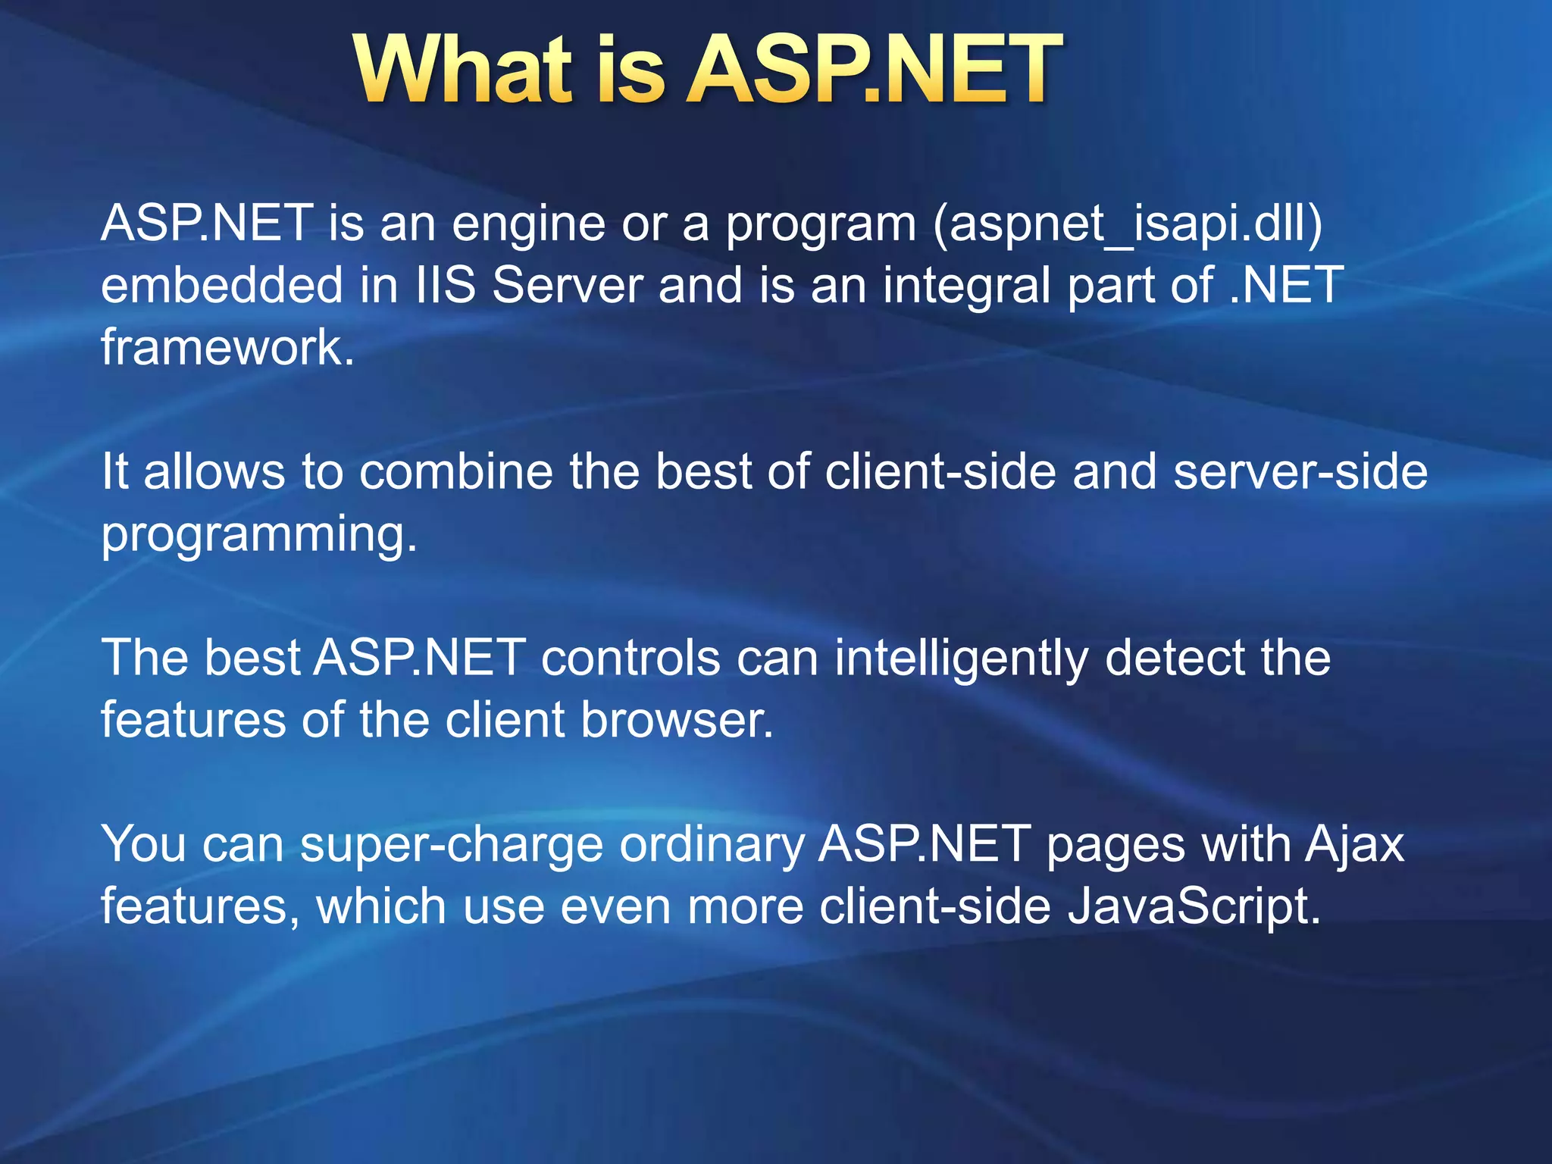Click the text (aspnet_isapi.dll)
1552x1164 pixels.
click(1128, 224)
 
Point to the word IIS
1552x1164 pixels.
click(446, 285)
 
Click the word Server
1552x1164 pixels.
click(568, 285)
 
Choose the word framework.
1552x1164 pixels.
click(227, 347)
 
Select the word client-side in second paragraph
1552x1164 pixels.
click(940, 471)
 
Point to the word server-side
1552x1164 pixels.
click(1300, 471)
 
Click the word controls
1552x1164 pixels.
click(630, 657)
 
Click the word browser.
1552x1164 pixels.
click(677, 719)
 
